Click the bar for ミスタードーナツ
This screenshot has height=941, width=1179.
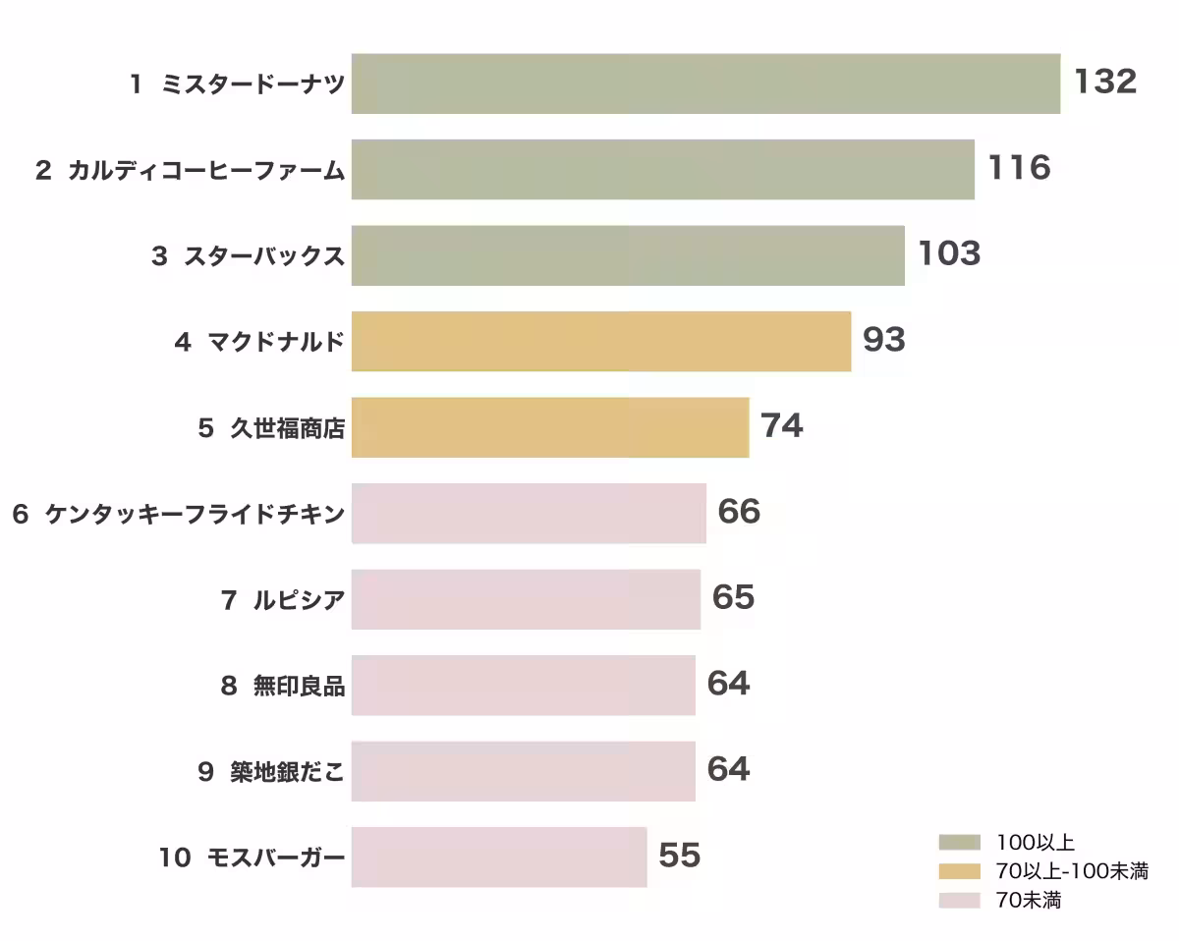[x=705, y=83]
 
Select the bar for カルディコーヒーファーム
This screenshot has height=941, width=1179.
[x=663, y=169]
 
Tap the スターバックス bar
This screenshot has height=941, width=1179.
[x=628, y=255]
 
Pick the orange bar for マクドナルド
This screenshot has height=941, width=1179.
[x=601, y=341]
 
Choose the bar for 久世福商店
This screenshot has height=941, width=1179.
[x=550, y=427]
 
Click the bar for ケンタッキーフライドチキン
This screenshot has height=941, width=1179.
[x=529, y=513]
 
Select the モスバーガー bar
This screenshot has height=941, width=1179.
[x=499, y=857]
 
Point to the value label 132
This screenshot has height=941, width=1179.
[x=1105, y=82]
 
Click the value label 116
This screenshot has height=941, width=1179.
[x=1019, y=168]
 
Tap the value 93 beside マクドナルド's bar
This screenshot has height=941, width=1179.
[x=884, y=340]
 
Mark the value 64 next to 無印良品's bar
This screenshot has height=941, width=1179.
[x=728, y=684]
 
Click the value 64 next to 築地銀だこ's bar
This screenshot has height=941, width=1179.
[x=728, y=769]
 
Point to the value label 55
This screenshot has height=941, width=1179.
[x=679, y=856]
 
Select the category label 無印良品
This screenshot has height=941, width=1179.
[x=299, y=686]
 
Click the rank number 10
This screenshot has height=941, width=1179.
[x=175, y=858]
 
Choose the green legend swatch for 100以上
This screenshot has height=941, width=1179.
[x=960, y=842]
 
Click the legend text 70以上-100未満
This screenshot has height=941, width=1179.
[x=1072, y=871]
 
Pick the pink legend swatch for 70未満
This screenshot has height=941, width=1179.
[x=960, y=900]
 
